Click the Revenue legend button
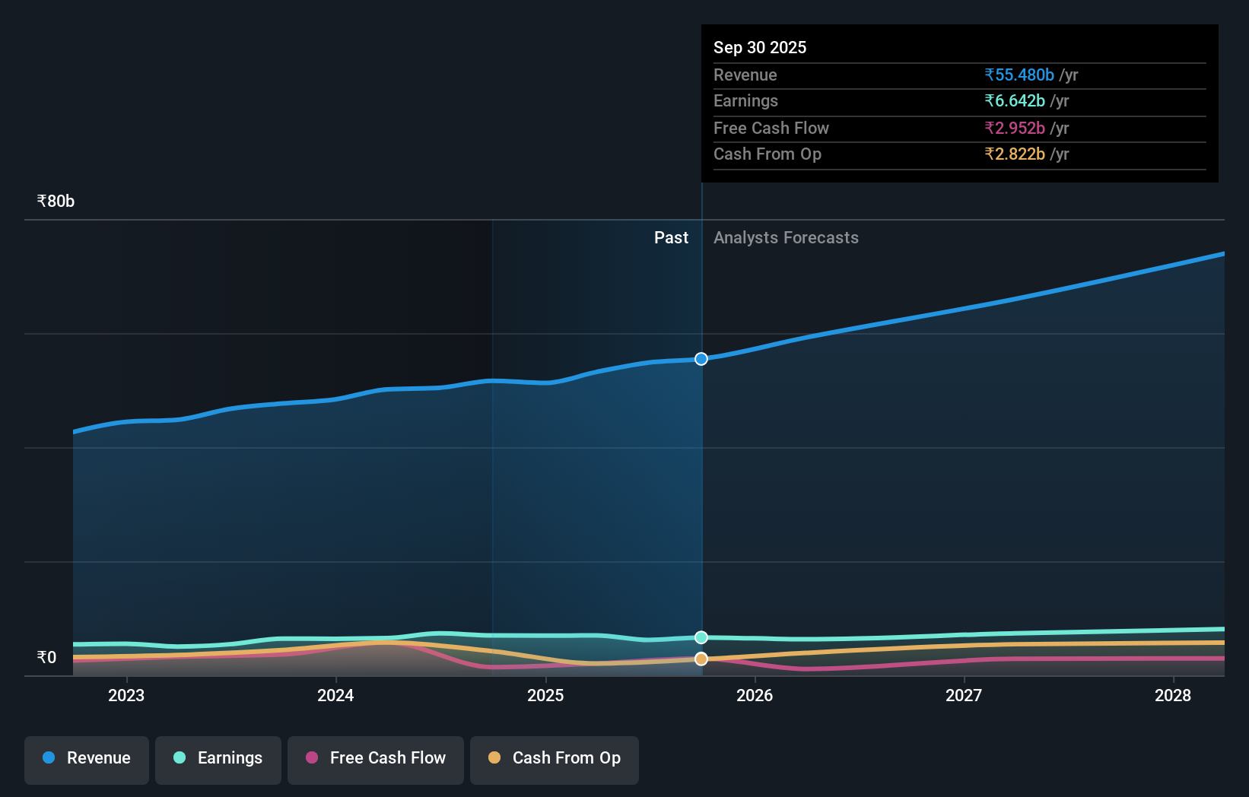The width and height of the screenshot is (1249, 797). [87, 759]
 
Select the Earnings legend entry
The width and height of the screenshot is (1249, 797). [218, 759]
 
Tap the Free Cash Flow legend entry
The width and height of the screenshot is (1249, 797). [376, 759]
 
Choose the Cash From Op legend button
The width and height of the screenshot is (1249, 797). [555, 759]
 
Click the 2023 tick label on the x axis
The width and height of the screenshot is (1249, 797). [126, 696]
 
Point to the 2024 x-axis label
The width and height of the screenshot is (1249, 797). [335, 696]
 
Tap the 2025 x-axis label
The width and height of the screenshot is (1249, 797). [545, 696]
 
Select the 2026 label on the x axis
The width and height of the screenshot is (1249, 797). [755, 696]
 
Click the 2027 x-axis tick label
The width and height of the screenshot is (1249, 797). [964, 696]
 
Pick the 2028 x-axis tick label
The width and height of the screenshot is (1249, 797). [1173, 696]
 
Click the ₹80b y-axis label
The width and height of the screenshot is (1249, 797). [56, 202]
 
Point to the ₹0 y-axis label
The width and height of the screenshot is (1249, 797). [46, 658]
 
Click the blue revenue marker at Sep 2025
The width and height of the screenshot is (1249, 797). [701, 359]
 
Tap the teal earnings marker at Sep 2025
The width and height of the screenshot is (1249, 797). [701, 637]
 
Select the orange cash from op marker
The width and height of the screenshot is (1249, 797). [701, 659]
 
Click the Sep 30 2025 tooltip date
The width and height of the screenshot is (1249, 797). [760, 47]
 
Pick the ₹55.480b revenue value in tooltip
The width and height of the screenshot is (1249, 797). [1019, 75]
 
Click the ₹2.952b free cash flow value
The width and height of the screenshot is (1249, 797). [1015, 128]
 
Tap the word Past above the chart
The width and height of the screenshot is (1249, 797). [671, 238]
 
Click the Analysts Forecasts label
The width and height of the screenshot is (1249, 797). [786, 238]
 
